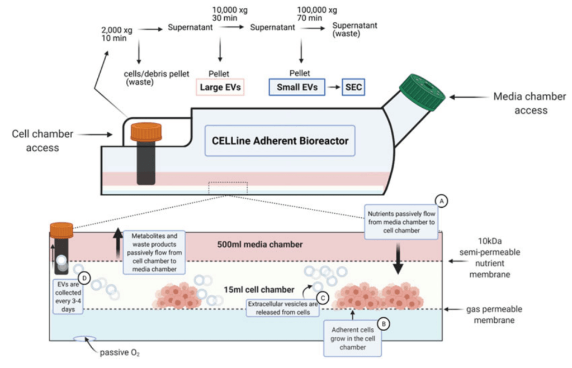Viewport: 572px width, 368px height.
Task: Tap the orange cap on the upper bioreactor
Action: pyautogui.click(x=146, y=132)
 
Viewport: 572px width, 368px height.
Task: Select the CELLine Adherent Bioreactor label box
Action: pyautogui.click(x=280, y=140)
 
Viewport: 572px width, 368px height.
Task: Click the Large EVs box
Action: pyautogui.click(x=220, y=87)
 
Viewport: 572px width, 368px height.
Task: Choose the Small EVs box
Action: pyautogui.click(x=297, y=87)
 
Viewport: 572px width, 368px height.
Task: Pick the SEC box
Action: pyautogui.click(x=354, y=87)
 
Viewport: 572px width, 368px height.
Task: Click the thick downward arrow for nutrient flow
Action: pyautogui.click(x=398, y=260)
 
